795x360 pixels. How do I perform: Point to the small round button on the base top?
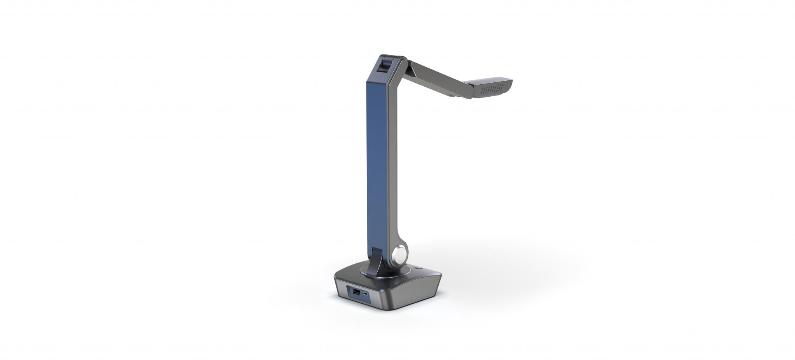point(418,268)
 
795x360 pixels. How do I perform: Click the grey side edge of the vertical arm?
point(393,163)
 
